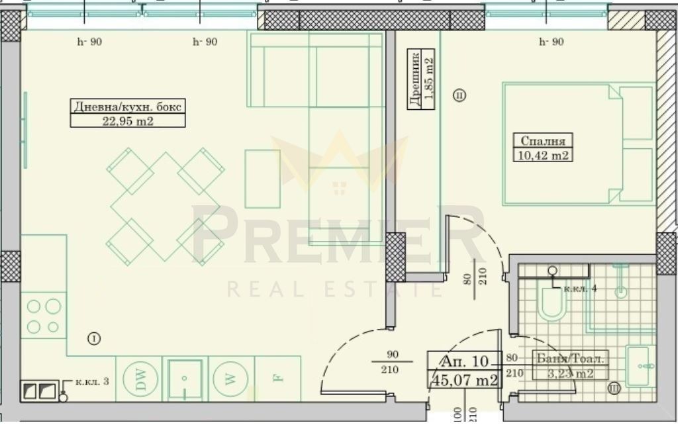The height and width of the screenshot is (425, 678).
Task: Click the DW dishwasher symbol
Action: tap(139, 379)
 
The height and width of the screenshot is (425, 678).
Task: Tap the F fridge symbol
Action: tap(277, 379)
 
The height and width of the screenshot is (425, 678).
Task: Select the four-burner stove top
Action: tap(44, 316)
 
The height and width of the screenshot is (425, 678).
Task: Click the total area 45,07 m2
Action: tap(463, 380)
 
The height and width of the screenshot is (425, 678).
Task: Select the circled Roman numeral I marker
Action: tap(94, 339)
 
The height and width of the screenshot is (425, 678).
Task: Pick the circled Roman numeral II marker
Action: tap(460, 95)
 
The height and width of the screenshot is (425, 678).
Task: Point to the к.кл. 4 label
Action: tap(580, 289)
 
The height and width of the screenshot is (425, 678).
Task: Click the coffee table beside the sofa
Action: tap(262, 179)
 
